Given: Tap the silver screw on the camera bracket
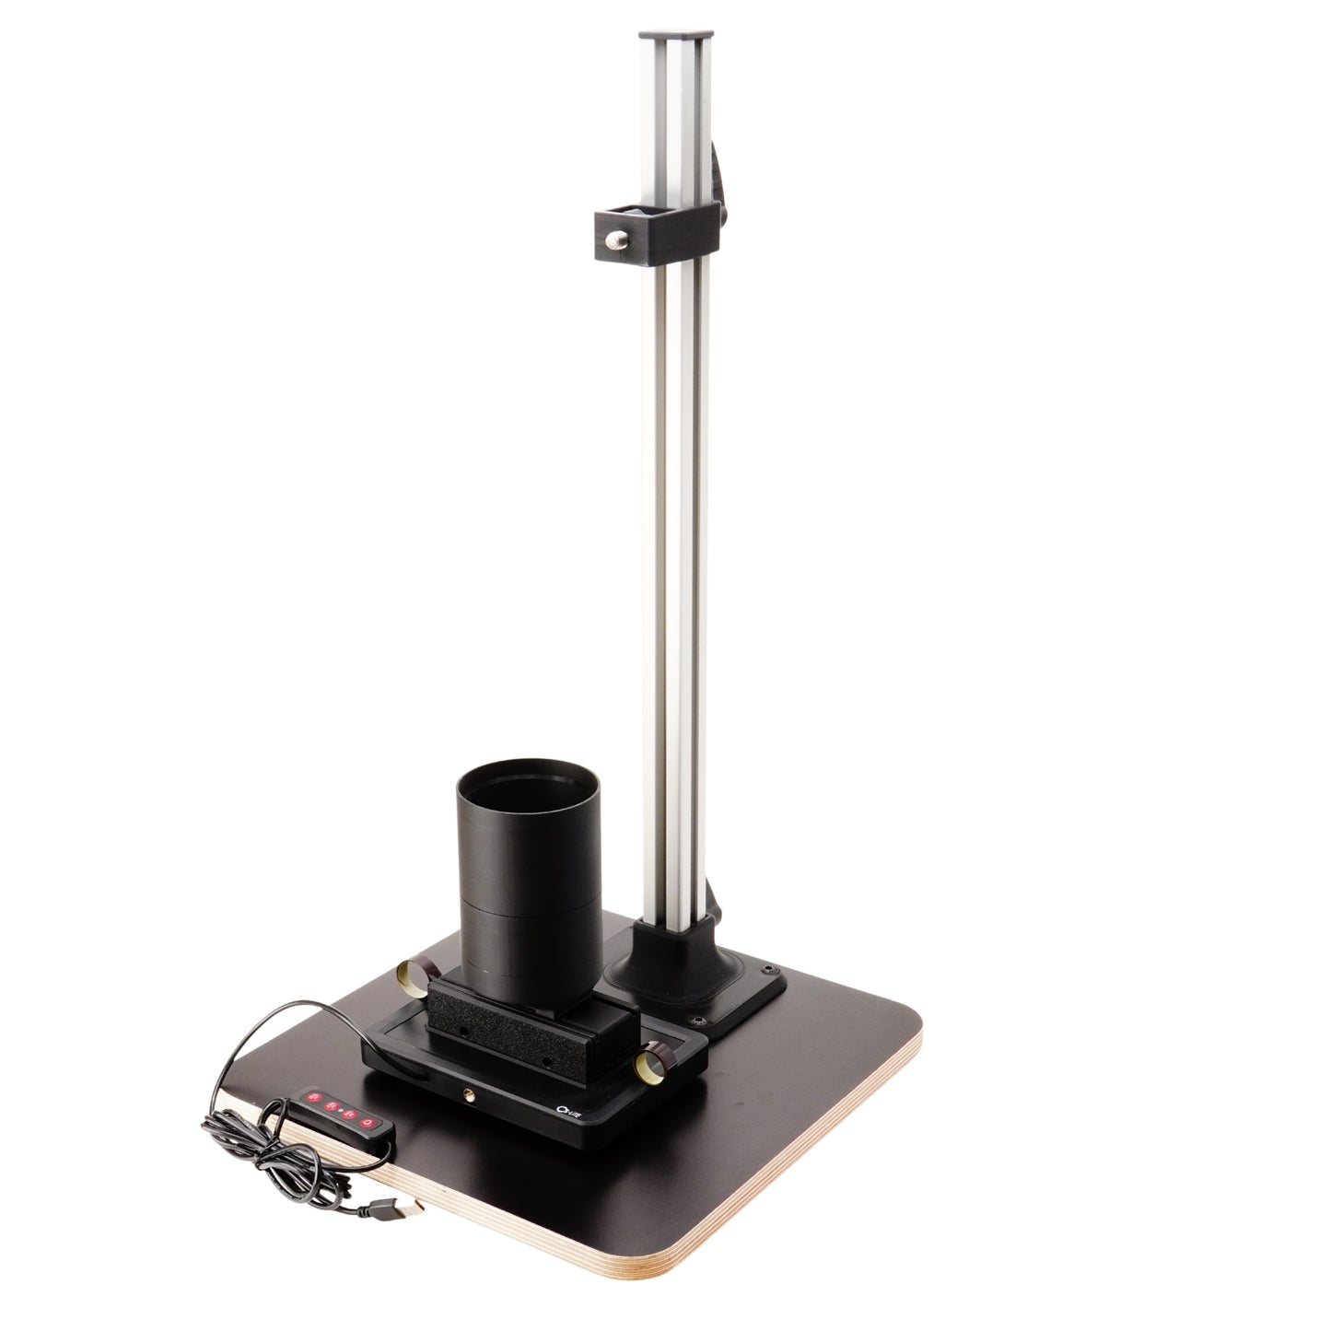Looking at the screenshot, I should click(616, 242).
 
